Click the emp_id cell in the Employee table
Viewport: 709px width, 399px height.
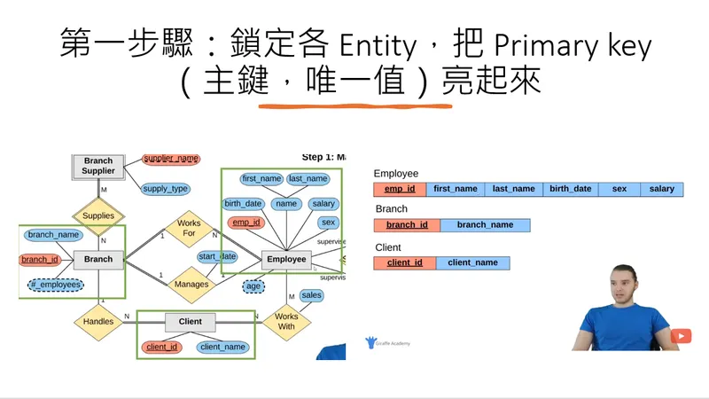[x=400, y=189]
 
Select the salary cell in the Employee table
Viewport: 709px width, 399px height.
[x=661, y=189]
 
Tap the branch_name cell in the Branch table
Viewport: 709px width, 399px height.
[x=485, y=225]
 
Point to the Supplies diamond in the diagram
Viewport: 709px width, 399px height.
[x=99, y=215]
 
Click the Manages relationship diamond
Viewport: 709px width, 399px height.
[x=191, y=285]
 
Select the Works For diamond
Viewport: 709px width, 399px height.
[x=189, y=229]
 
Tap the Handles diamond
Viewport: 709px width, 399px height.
[x=98, y=321]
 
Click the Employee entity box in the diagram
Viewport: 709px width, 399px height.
[x=286, y=260]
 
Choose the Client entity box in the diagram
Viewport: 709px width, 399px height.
[x=191, y=322]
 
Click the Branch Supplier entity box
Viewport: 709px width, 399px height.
[x=98, y=166]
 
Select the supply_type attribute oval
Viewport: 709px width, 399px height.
[x=166, y=189]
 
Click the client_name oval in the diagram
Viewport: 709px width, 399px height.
[x=223, y=347]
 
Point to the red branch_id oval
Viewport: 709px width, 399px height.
[x=40, y=260]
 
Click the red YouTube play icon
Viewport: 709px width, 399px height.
[x=681, y=336]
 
